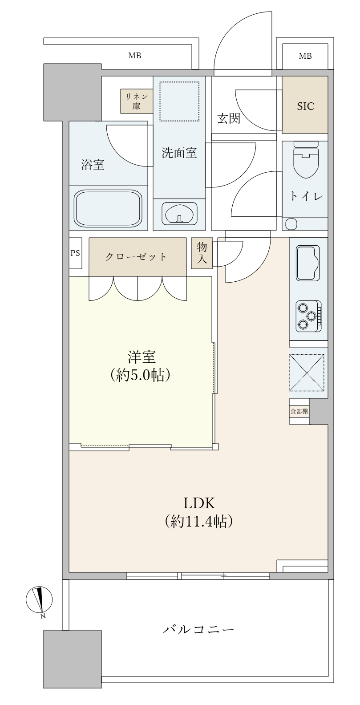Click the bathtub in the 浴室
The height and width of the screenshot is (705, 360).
pos(108,208)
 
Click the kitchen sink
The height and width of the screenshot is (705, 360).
pos(308,263)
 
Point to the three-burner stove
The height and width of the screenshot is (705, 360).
pos(308,316)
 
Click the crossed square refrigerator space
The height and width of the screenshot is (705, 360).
pos(307,373)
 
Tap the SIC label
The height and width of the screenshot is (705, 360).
pos(306,106)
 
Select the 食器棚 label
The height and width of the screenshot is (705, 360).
pos(299,411)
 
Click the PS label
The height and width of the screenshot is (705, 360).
pos(75,253)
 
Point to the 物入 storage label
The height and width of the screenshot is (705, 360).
pos(202,253)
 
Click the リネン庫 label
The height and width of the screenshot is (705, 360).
pos(137,101)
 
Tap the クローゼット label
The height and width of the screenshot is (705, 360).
pos(136,257)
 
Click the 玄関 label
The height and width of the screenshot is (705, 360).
pos(229,118)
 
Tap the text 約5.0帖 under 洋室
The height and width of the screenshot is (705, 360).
pos(141,375)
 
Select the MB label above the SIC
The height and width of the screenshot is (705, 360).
pos(305,56)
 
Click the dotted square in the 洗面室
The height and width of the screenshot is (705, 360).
pos(179,101)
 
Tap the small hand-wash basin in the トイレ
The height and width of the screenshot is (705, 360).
pos(291,224)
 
